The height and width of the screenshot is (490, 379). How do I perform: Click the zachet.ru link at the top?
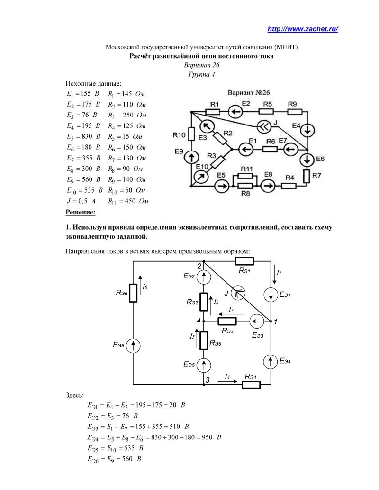pyautogui.click(x=302, y=29)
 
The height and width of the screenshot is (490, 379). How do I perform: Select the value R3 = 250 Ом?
pyautogui.click(x=127, y=115)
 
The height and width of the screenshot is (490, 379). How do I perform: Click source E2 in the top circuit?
pyautogui.click(x=236, y=112)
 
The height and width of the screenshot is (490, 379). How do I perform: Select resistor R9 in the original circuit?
pyautogui.click(x=295, y=112)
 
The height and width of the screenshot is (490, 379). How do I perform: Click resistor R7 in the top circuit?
pyautogui.click(x=307, y=177)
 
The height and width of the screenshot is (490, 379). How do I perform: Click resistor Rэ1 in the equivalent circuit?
pyautogui.click(x=244, y=261)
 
